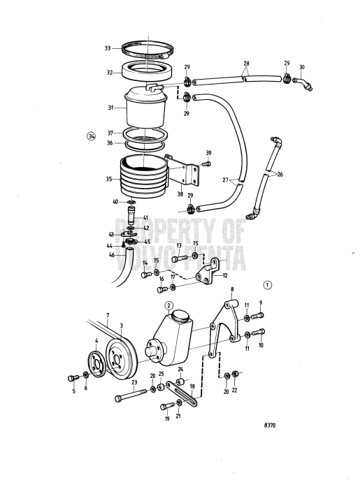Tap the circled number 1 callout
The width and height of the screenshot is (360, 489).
[x=268, y=285]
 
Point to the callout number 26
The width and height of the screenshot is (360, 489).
[x=280, y=175]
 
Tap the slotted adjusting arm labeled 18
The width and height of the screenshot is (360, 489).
[x=182, y=396]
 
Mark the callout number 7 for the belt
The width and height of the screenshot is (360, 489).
[x=107, y=316]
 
